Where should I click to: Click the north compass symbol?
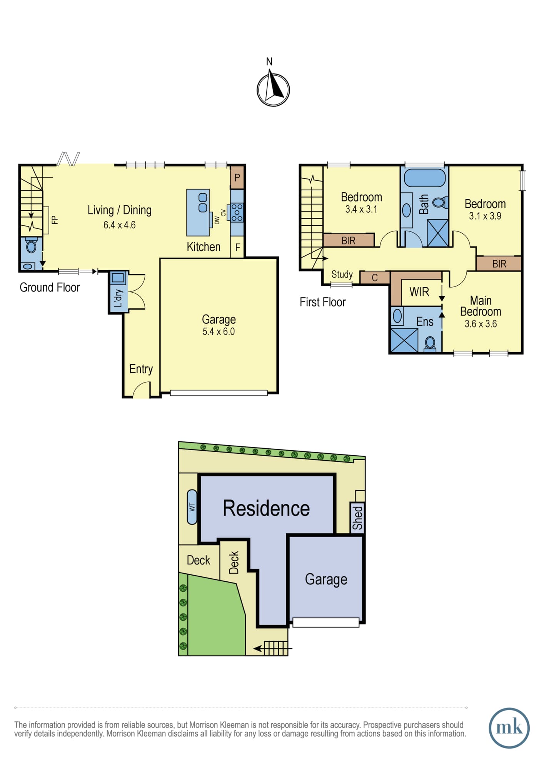[x=273, y=89]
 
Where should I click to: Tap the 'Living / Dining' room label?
[x=120, y=210]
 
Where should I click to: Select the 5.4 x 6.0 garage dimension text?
[x=219, y=331]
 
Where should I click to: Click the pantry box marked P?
[x=237, y=177]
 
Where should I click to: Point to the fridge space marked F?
[x=237, y=247]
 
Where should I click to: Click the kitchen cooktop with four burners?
[x=237, y=212]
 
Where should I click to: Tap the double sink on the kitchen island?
[x=203, y=203]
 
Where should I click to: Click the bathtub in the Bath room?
[x=425, y=178]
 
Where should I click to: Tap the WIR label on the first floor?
[x=419, y=292]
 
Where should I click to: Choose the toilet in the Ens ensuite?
[x=430, y=343]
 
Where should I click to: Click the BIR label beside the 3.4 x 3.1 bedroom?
[x=348, y=241]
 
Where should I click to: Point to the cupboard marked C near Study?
[x=375, y=278]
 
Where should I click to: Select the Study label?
[x=342, y=274]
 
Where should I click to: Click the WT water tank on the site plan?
[x=192, y=507]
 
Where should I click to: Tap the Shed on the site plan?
[x=357, y=518]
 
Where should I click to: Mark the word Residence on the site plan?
[x=266, y=508]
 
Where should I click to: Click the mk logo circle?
[x=509, y=728]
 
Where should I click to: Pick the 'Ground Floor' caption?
[x=50, y=287]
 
